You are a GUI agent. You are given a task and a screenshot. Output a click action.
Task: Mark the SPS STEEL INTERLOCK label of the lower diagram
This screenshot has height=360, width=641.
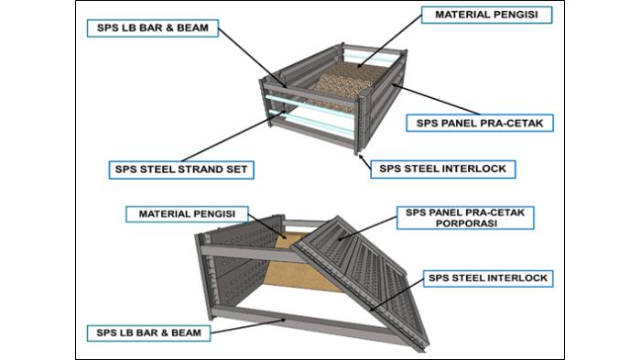coord(489,277)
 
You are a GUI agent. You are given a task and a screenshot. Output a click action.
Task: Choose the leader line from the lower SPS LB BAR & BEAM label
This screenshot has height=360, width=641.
coord(247,323)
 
